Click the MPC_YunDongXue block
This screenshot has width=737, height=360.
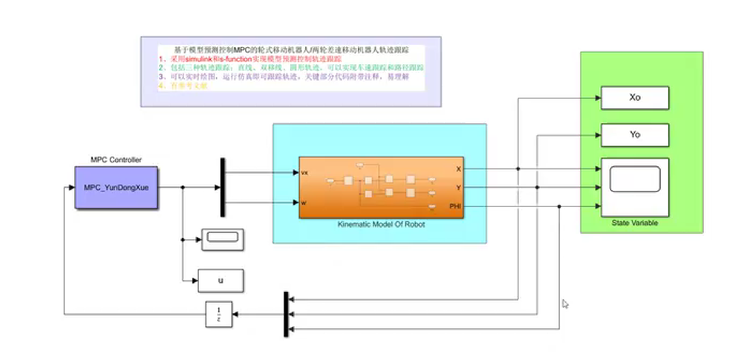click(116, 187)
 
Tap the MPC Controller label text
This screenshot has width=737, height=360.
click(116, 160)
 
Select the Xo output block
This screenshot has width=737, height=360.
click(635, 98)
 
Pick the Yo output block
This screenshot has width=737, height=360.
click(635, 135)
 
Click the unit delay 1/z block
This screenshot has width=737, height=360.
click(219, 314)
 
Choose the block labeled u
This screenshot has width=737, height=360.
click(221, 281)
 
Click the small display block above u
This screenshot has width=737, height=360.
click(223, 240)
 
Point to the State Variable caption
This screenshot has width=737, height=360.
click(635, 223)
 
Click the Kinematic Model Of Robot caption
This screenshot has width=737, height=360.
click(381, 224)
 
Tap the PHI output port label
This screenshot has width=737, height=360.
click(455, 206)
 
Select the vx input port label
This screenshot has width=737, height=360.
click(304, 173)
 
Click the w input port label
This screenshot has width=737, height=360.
click(304, 203)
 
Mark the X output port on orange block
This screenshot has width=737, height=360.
click(459, 169)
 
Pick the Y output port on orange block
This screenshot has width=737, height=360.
click(459, 187)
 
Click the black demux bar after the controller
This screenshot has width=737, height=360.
click(223, 187)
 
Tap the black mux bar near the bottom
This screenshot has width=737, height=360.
click(286, 314)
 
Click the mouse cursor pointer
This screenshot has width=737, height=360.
click(565, 304)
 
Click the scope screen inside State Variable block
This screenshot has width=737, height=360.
click(635, 179)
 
